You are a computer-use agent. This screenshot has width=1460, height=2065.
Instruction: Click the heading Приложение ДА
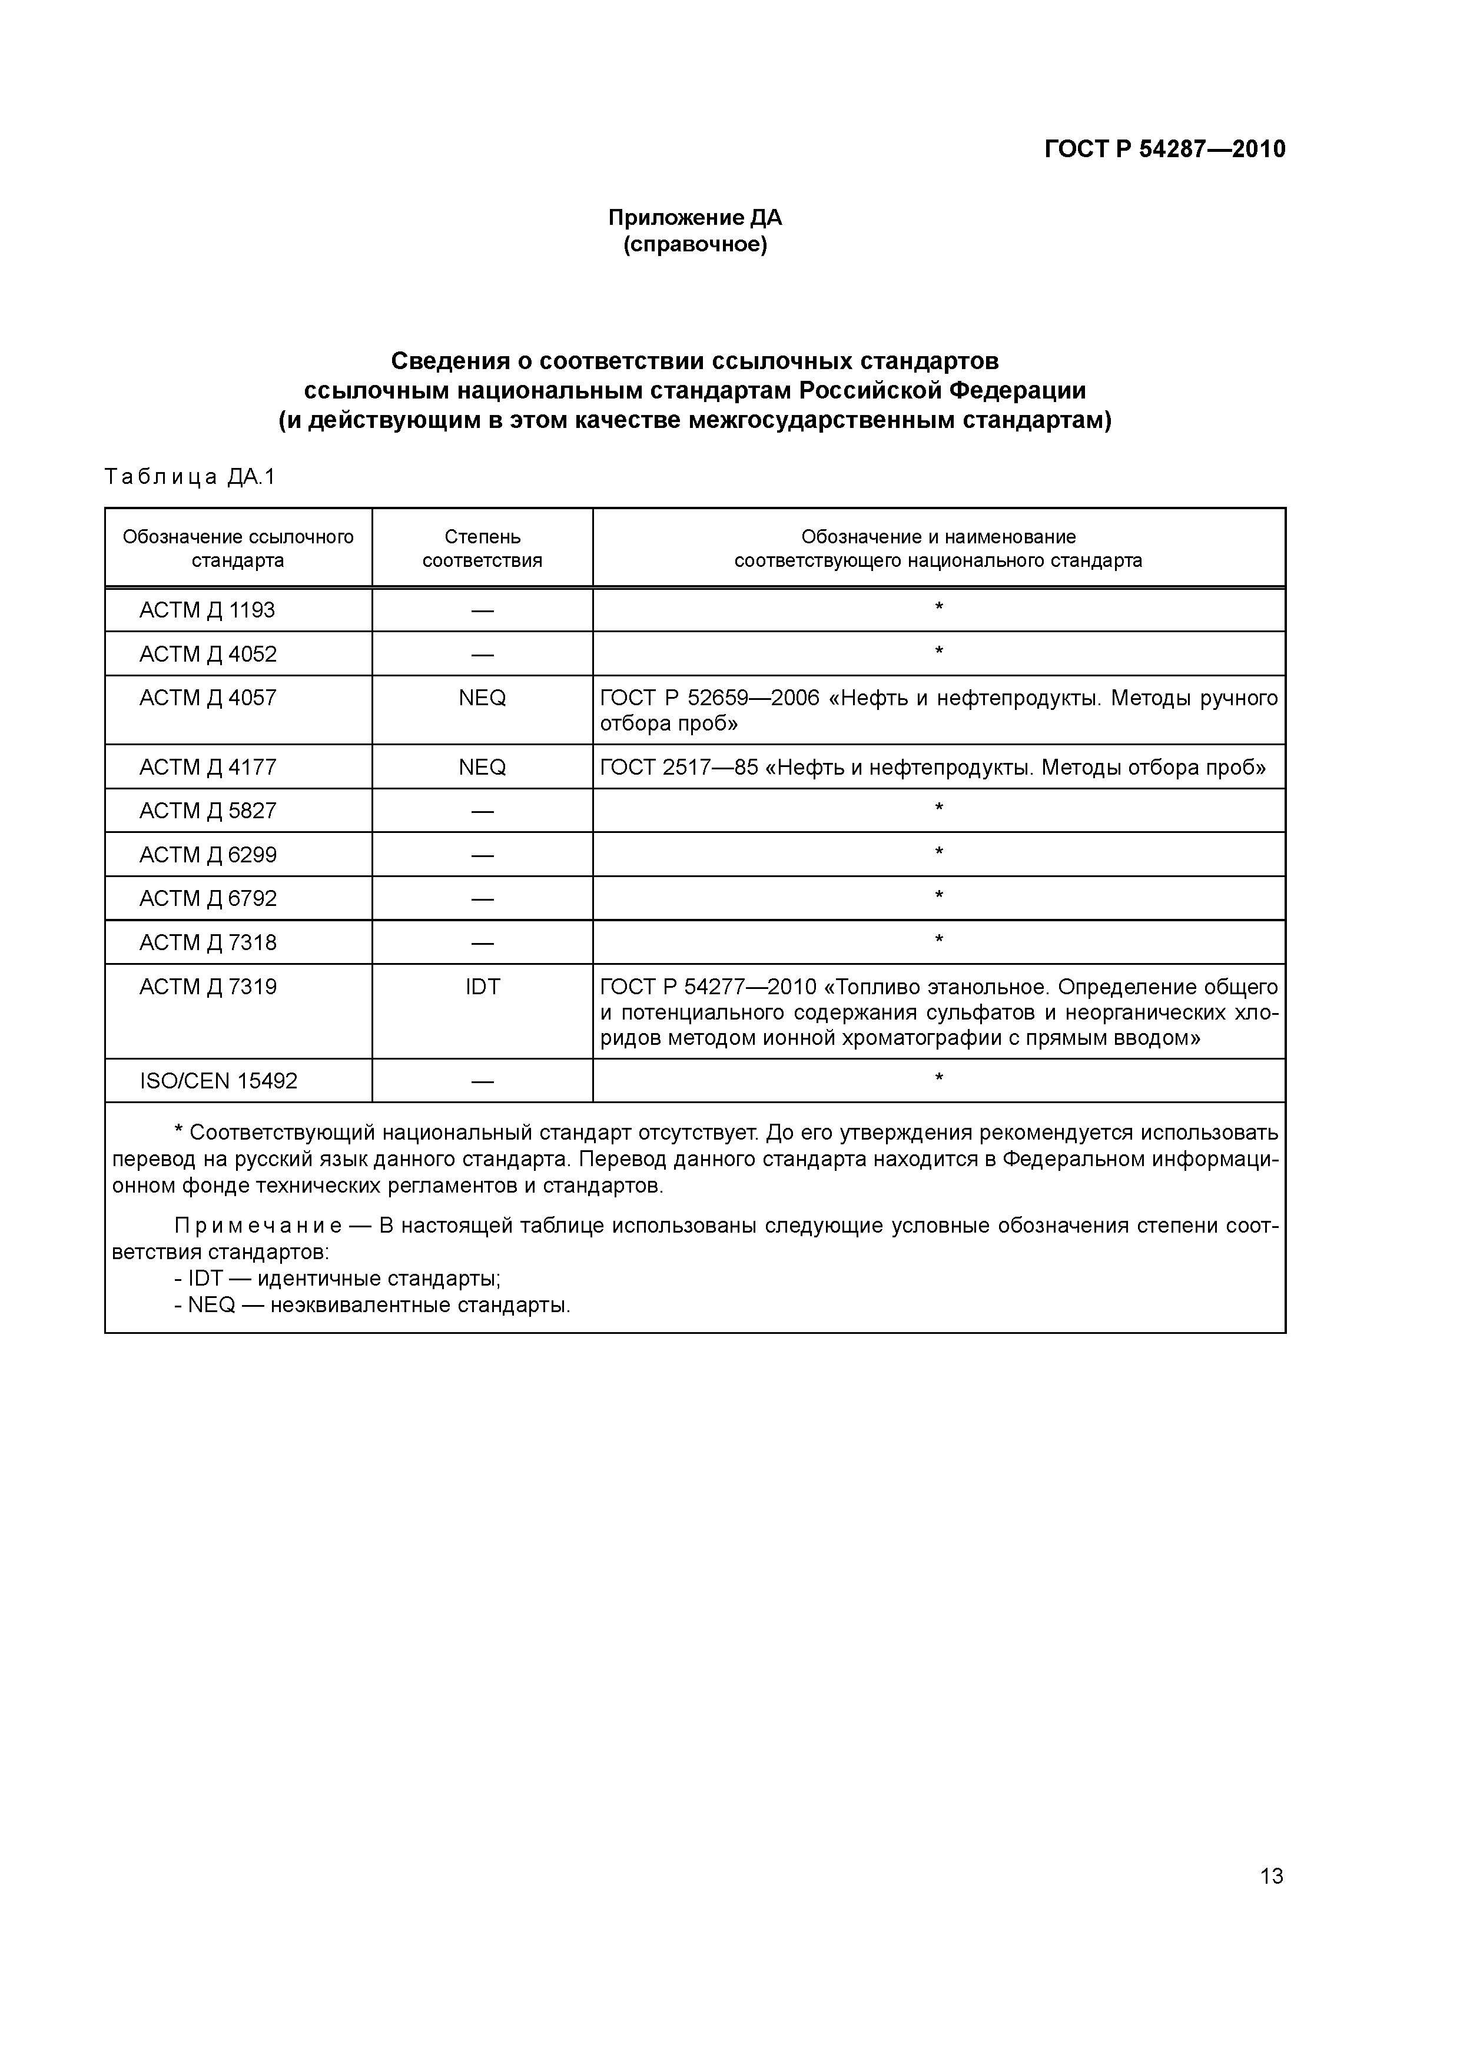click(695, 218)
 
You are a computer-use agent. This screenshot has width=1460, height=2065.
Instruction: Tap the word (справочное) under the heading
click(695, 245)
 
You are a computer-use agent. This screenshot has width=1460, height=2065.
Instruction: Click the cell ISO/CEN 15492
click(218, 1081)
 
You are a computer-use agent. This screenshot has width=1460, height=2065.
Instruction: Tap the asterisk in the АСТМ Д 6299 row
click(938, 852)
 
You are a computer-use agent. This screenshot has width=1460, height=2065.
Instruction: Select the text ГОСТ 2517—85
click(678, 767)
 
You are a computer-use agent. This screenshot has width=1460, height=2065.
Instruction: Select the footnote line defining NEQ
click(373, 1305)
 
